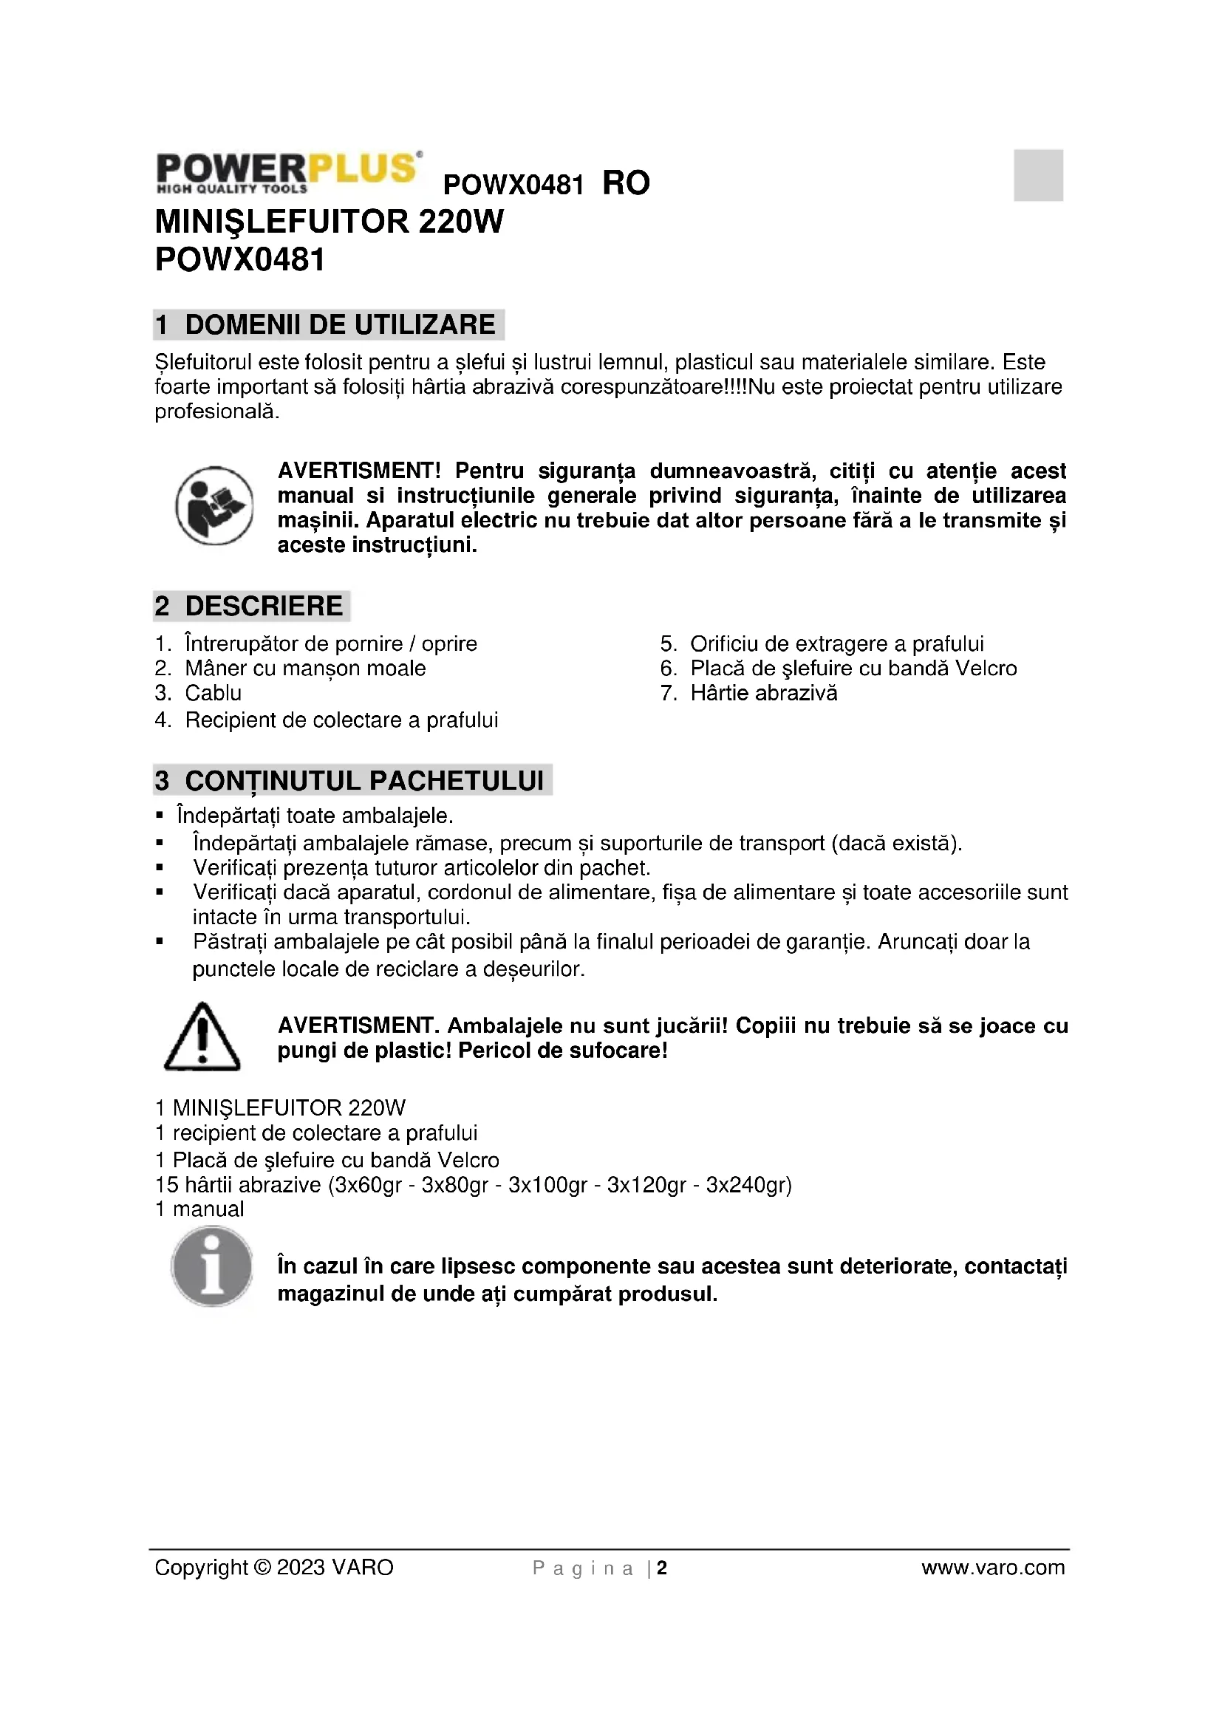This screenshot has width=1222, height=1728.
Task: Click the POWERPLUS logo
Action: coord(287,172)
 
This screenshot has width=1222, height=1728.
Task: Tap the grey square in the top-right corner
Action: coord(1037,175)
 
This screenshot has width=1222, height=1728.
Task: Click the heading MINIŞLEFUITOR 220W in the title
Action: coord(329,222)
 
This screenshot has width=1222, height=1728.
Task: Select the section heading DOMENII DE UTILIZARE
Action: coord(339,324)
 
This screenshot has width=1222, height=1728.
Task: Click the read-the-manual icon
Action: coord(214,506)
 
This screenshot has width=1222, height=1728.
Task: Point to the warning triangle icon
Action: coord(202,1037)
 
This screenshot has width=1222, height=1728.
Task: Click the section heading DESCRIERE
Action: coord(263,606)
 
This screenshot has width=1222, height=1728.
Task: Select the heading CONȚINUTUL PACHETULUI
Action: coord(364,780)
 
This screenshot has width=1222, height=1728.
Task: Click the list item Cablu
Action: coord(213,693)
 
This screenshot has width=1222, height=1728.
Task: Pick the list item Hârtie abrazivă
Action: coord(763,693)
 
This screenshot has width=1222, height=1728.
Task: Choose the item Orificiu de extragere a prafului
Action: coord(837,644)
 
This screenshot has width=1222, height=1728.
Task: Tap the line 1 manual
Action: coord(199,1209)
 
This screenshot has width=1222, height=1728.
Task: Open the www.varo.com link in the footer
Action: coord(992,1568)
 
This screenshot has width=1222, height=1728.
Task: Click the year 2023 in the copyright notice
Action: coord(300,1568)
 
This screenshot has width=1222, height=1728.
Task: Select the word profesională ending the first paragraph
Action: coord(216,412)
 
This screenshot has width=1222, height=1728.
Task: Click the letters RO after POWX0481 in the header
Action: coord(625,184)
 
